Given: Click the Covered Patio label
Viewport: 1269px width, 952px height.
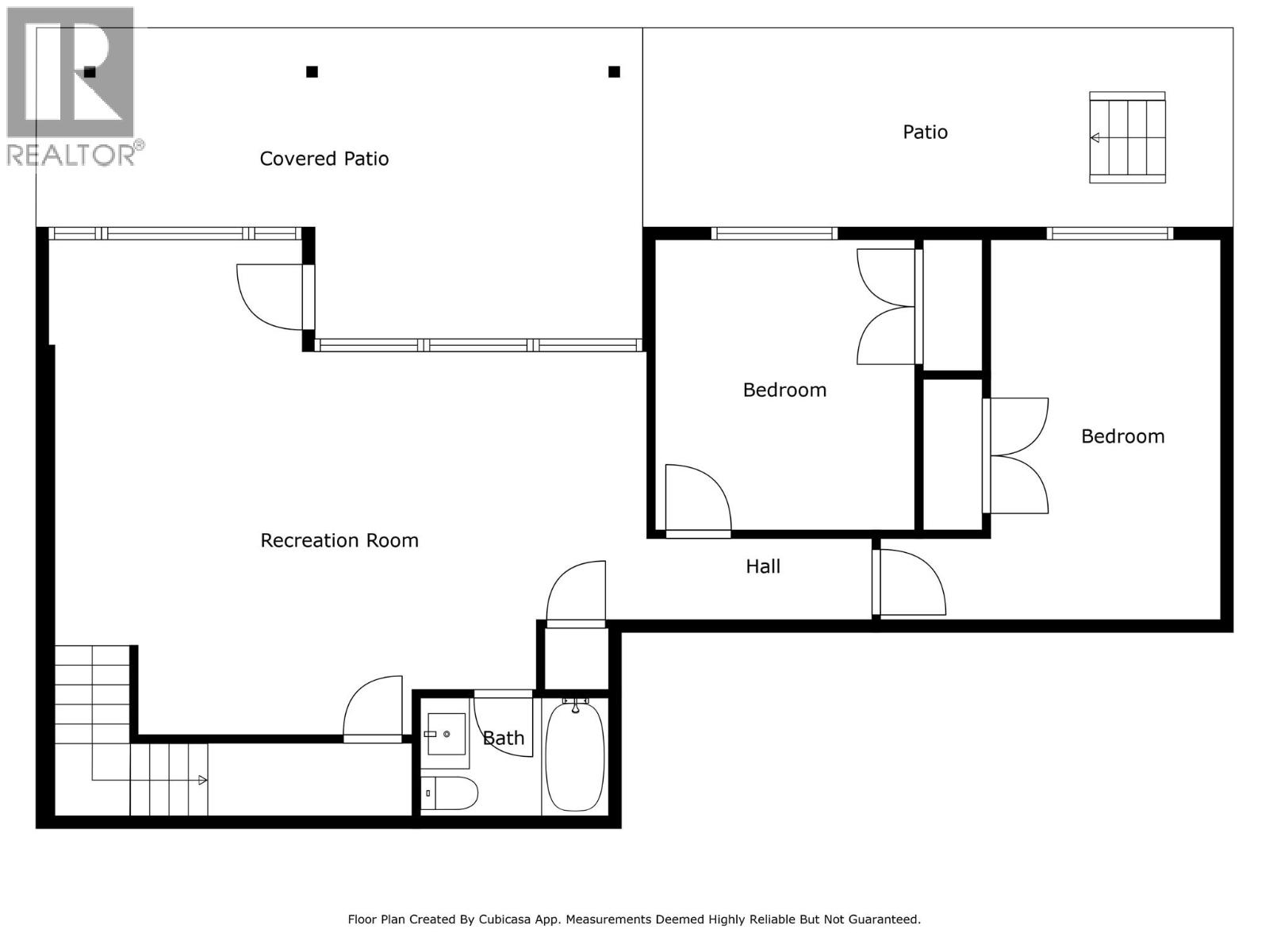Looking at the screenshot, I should [x=324, y=159].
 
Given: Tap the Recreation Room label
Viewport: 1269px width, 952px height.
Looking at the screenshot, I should [x=339, y=540].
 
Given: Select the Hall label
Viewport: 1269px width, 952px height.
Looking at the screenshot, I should [x=763, y=566].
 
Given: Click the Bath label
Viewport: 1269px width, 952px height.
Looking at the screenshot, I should [x=504, y=738].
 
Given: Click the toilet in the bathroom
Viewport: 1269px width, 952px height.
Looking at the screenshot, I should [x=450, y=793].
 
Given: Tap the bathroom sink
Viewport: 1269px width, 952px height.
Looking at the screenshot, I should [x=445, y=735].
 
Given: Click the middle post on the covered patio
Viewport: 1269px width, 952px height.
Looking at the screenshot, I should [x=312, y=72].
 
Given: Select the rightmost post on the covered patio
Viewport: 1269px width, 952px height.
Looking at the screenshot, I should [x=614, y=72].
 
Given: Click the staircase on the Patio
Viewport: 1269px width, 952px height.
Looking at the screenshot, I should [x=1127, y=137].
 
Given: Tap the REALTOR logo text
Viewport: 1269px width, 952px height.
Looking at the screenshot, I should [x=75, y=154].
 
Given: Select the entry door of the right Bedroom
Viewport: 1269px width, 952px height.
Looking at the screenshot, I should [x=908, y=583].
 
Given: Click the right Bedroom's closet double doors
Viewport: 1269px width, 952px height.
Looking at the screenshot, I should [x=1017, y=455].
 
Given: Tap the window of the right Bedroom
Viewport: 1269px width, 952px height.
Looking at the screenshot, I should [x=1109, y=233].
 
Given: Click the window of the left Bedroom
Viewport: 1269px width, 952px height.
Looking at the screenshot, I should [x=773, y=233].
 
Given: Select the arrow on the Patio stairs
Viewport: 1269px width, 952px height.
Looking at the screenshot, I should [x=1095, y=138].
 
